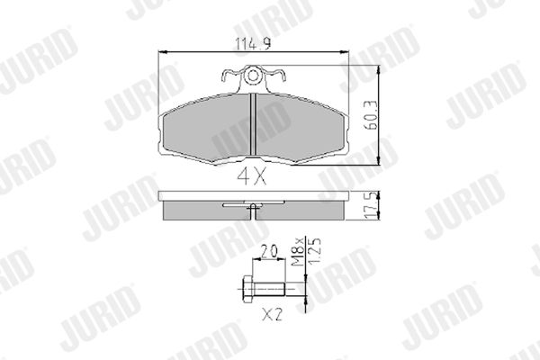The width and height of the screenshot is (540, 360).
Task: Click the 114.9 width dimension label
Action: pyautogui.click(x=253, y=44)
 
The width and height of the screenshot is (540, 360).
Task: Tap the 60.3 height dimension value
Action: pyautogui.click(x=371, y=115)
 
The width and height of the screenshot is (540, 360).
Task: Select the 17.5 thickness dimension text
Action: pyautogui.click(x=371, y=206)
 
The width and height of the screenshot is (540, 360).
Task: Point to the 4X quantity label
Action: pyautogui.click(x=252, y=176)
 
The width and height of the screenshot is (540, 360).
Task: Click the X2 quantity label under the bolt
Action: pyautogui.click(x=272, y=314)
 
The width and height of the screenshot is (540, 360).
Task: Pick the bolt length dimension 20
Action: pyautogui.click(x=268, y=251)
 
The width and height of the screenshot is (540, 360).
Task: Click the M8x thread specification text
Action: pyautogui.click(x=298, y=252)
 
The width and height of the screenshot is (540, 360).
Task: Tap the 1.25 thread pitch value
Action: pyautogui.click(x=314, y=252)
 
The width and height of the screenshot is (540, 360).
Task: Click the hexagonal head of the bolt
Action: pyautogui.click(x=247, y=289)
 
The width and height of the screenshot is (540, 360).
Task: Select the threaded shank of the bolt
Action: pyautogui.click(x=268, y=289)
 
